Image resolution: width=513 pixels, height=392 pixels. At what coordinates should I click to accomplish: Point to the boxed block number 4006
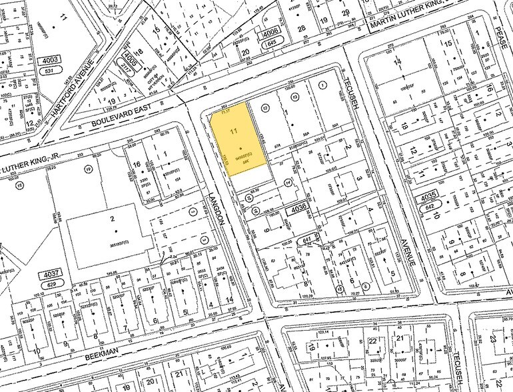coord(270,32)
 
